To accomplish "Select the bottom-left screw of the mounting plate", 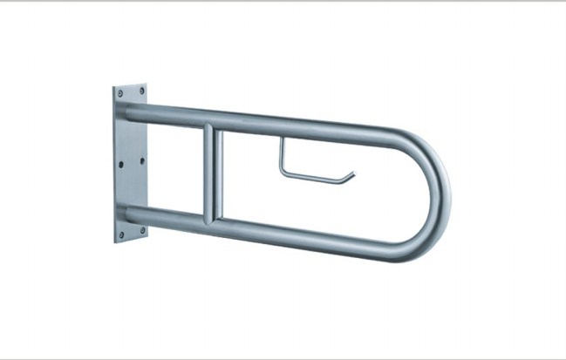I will [x=119, y=234].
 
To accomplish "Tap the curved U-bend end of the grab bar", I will [x=441, y=194].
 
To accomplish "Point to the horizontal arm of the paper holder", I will [x=314, y=176].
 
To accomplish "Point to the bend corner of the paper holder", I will [x=282, y=171].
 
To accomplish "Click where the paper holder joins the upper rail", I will [x=282, y=139].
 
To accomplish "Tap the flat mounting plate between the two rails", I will [x=130, y=163].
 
